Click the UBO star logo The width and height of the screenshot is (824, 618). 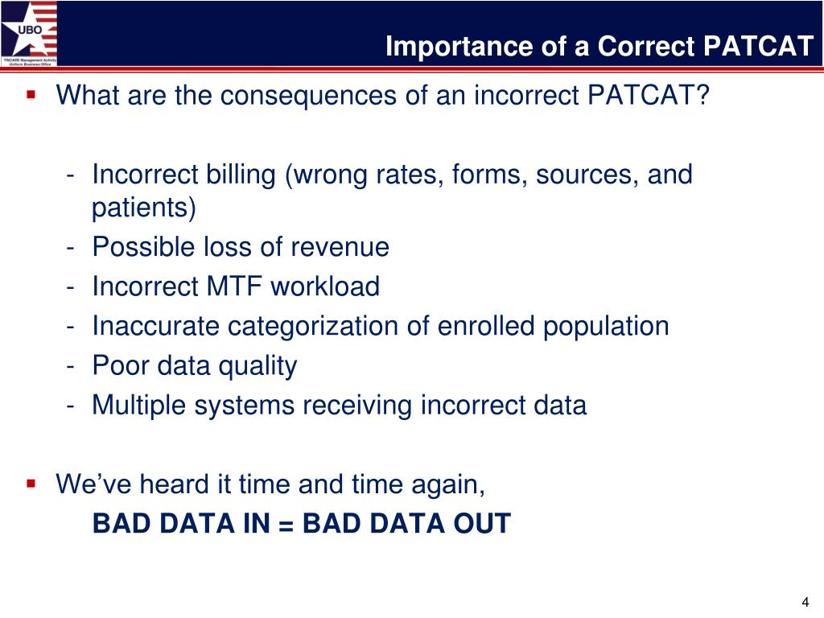[x=29, y=33]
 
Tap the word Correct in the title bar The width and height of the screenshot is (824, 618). [x=645, y=46]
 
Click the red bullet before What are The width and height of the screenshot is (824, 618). [x=31, y=95]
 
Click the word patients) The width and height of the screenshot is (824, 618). [x=144, y=207]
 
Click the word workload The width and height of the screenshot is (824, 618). [x=325, y=286]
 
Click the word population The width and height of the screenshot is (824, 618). [x=606, y=327]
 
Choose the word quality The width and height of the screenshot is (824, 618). [x=257, y=366]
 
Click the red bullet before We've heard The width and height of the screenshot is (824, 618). [x=31, y=484]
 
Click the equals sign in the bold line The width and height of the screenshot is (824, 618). [x=286, y=525]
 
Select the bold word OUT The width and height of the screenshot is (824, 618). [x=483, y=523]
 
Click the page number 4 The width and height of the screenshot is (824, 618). [x=805, y=602]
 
